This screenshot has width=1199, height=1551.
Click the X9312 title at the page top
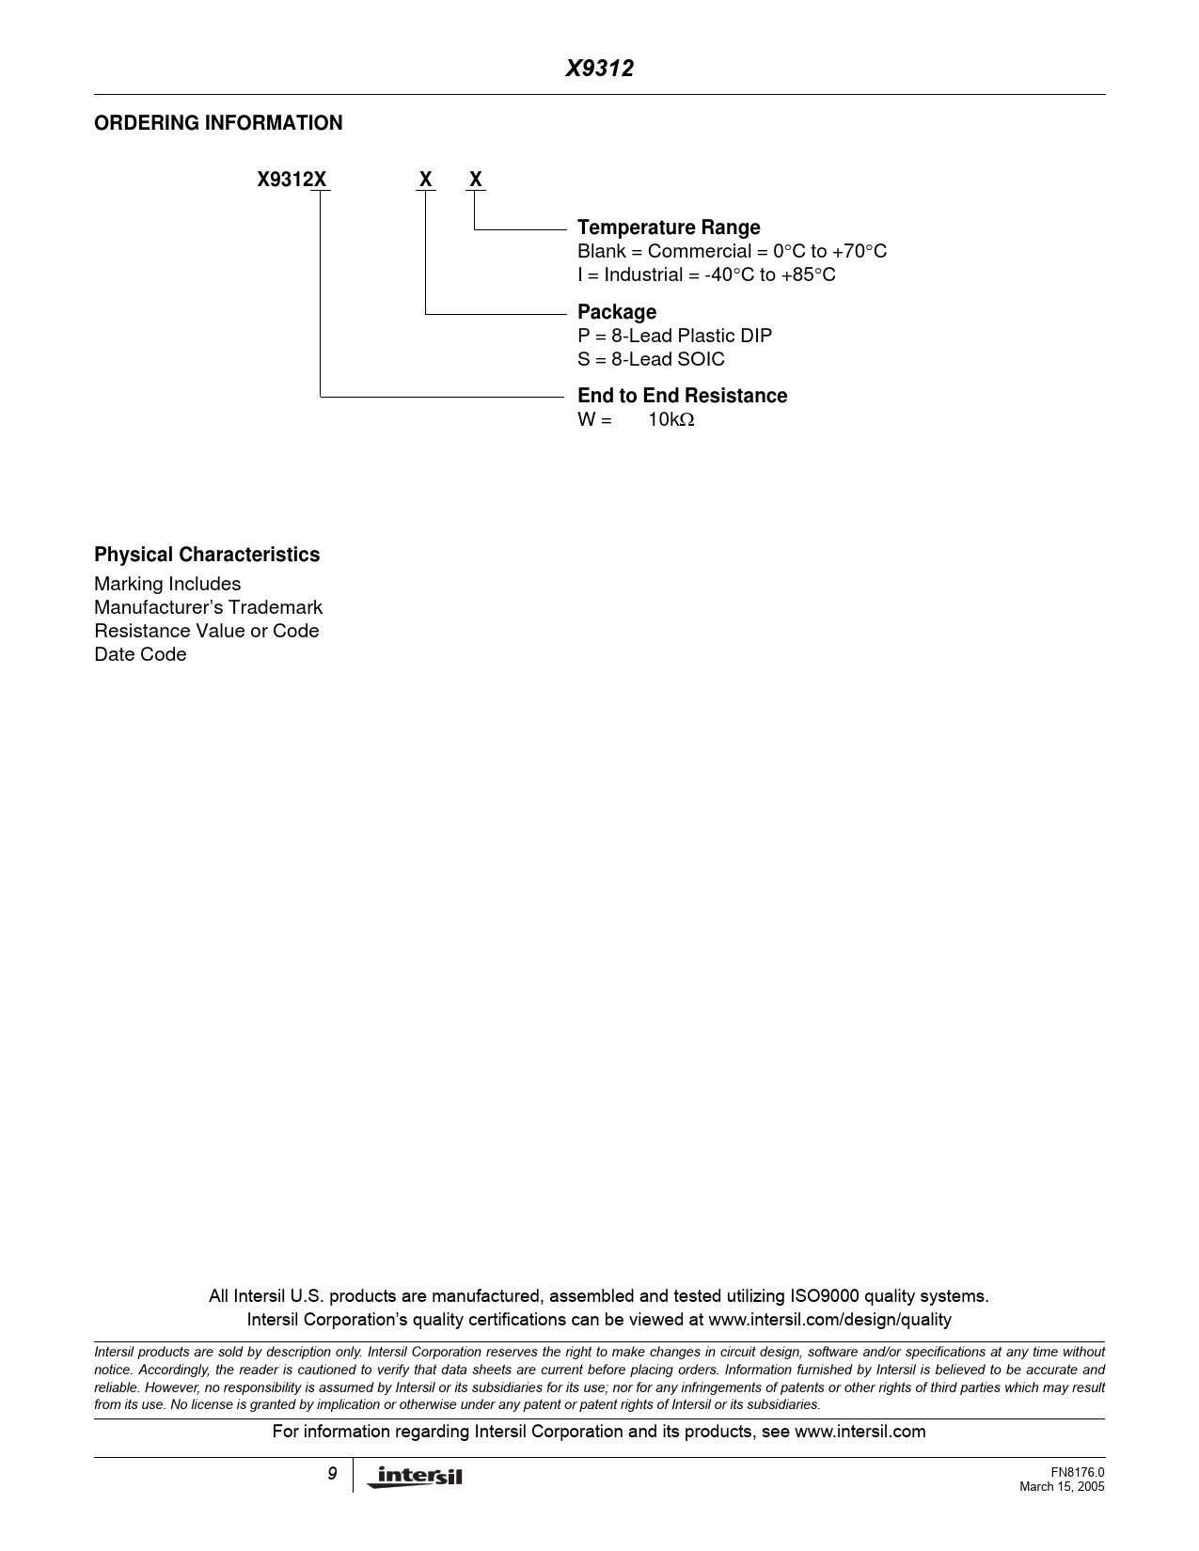coord(599,69)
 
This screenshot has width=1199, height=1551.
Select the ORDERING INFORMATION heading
coord(218,123)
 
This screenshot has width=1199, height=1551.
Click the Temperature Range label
coord(669,227)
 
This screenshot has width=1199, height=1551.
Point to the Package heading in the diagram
coord(617,312)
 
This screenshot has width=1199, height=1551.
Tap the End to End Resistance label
coord(682,396)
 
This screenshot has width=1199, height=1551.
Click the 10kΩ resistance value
coord(670,420)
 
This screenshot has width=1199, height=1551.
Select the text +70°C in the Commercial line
coord(860,252)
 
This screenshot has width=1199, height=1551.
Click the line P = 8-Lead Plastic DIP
coord(674,336)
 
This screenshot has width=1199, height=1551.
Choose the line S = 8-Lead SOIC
coord(651,359)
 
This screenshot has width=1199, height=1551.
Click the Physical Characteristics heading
coord(207,555)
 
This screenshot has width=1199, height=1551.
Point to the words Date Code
coord(140,654)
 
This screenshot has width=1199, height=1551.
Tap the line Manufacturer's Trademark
coord(208,607)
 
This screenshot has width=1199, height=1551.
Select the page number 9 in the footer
coord(332,1474)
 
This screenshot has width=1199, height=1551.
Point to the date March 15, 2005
coord(1062,1486)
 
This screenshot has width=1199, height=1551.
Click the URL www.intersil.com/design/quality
coord(829,1320)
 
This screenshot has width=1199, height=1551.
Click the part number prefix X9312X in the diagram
coord(292,180)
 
